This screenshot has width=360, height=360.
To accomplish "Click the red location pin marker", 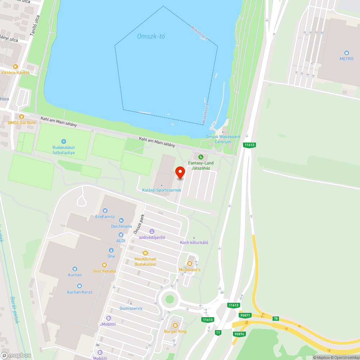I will click(180, 172).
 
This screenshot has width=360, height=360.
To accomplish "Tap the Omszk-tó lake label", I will click(151, 36).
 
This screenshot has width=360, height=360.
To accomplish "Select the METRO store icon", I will click(347, 53).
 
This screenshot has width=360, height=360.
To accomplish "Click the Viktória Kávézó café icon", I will click(15, 67).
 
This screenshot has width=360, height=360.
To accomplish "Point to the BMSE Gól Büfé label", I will click(22, 123).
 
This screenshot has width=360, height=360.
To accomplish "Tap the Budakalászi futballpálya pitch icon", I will click(64, 141).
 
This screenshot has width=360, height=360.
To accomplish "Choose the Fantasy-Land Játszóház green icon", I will click(201, 157).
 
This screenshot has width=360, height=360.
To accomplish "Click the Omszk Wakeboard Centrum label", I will click(223, 139).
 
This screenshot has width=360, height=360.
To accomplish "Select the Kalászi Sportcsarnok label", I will click(162, 190).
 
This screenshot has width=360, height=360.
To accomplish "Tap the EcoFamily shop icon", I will click(105, 211).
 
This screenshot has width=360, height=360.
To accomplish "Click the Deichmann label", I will click(121, 226).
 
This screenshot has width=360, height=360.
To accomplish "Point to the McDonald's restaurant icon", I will click(190, 264).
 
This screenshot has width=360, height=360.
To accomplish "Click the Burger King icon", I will click(175, 325).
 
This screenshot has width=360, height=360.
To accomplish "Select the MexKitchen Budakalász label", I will click(145, 261).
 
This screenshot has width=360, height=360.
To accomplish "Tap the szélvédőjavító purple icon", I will click(152, 231).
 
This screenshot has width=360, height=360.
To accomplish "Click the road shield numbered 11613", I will click(208, 319).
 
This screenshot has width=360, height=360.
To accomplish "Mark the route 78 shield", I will click(276, 319).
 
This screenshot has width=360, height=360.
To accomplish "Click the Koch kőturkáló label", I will click(194, 242).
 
